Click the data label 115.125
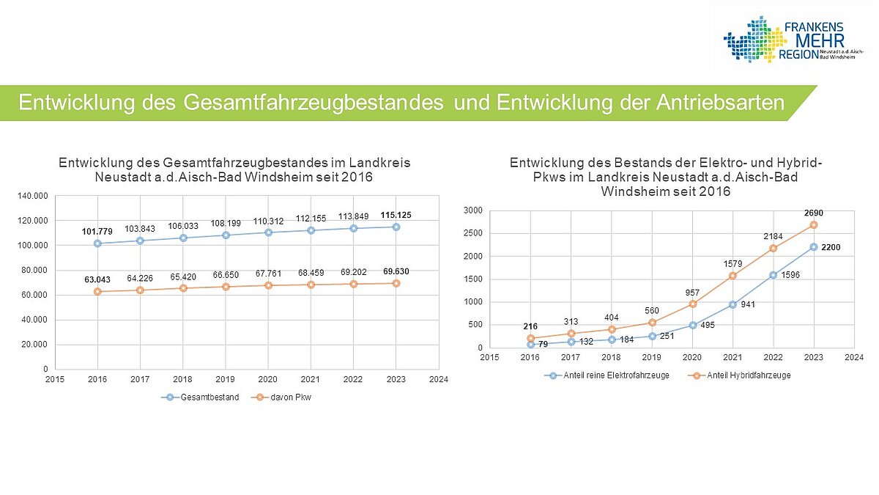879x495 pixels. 396,214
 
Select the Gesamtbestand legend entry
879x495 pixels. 203,397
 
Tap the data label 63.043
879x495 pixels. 97,279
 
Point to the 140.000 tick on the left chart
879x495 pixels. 32,196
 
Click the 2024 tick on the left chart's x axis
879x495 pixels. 438,380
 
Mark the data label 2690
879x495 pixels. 813,213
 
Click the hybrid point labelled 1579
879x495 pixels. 732,276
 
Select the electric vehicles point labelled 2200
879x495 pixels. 813,247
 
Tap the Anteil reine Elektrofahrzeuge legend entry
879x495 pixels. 611,375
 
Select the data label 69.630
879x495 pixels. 396,271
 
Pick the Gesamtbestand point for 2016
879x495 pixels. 97,243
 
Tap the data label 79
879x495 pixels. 543,344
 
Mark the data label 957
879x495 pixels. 691,292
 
